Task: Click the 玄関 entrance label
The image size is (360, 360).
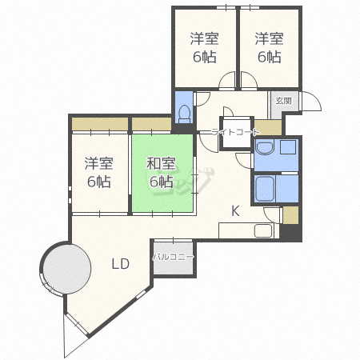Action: (283, 101)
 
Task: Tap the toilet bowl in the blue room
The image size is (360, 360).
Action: (184, 114)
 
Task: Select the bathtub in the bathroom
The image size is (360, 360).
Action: (265, 189)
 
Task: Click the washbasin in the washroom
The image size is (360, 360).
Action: (265, 148)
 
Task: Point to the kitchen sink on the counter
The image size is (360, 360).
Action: (263, 230)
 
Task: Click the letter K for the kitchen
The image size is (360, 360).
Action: (235, 211)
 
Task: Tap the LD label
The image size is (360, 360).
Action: (120, 264)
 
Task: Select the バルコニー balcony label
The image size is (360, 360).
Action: (173, 257)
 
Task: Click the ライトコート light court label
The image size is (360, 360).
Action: (235, 132)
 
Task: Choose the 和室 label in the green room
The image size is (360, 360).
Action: (161, 163)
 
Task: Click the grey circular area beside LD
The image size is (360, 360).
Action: (66, 268)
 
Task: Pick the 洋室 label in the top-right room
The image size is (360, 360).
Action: (269, 38)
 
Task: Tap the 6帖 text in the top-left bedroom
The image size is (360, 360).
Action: (205, 57)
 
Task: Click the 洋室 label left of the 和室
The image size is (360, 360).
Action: (99, 163)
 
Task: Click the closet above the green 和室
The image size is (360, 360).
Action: (151, 124)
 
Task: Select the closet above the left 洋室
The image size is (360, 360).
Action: (100, 124)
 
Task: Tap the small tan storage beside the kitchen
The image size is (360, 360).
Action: (290, 215)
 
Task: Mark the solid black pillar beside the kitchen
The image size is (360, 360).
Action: (290, 232)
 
